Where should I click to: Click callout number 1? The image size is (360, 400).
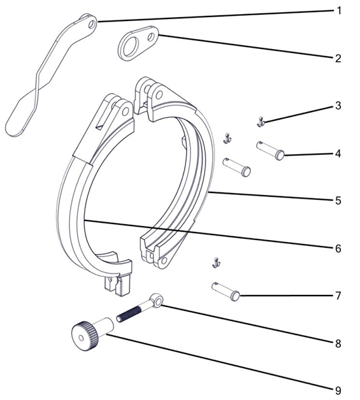(338, 11)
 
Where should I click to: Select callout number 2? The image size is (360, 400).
(338, 58)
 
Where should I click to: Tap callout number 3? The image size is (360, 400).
(338, 105)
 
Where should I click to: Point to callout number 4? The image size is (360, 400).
(338, 154)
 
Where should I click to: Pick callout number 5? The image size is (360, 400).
(338, 201)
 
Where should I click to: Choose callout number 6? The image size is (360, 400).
(338, 248)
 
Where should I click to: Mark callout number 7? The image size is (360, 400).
(338, 296)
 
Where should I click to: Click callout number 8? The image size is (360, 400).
(338, 343)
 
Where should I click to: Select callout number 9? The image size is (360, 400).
(338, 390)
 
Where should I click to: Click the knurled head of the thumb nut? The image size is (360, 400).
(85, 336)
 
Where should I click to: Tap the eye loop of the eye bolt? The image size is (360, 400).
(156, 300)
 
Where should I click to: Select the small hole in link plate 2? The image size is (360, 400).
(152, 37)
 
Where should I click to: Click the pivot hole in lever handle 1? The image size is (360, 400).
(92, 24)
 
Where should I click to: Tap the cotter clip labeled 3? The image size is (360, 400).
(261, 122)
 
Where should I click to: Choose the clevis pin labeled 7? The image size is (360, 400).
(226, 291)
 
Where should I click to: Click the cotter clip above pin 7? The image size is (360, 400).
(217, 263)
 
